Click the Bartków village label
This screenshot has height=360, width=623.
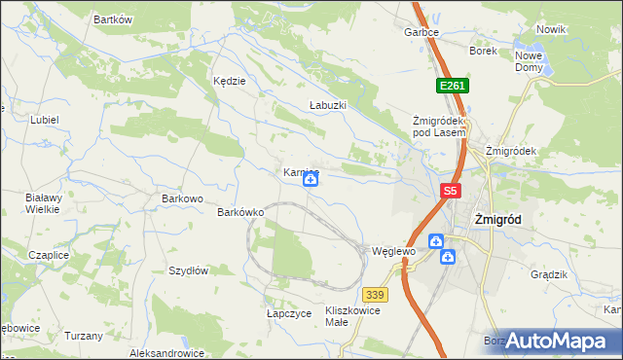pos(112,19)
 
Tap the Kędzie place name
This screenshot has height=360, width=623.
pos(229,82)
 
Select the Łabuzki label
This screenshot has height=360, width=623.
pos(327,104)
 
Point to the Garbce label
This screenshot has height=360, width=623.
pos(421,32)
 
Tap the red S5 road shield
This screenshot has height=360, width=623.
pos(450,192)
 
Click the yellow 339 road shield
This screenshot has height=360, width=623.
pos(376,294)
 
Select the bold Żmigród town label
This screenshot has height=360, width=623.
pos(496,220)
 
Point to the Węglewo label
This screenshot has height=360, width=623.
pos(394,251)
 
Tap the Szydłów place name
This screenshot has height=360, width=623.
pos(189,270)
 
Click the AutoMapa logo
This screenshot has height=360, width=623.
pos(555,341)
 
